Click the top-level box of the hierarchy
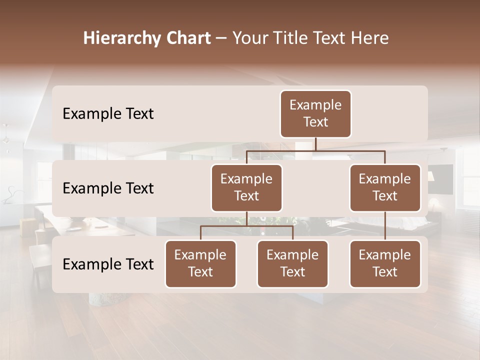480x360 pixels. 315,114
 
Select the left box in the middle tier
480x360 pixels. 246,188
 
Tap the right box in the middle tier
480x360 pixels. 385,188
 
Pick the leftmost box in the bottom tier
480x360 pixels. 200,264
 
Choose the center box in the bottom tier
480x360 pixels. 292,264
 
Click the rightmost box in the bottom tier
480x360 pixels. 385,264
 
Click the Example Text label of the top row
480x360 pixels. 108,114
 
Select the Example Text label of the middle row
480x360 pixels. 108,188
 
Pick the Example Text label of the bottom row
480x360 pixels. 108,264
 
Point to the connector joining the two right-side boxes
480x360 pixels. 385,226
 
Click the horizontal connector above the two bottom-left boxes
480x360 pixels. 246,226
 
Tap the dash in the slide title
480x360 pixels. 221,38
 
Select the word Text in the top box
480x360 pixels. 315,122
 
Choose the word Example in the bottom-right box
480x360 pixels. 385,255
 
